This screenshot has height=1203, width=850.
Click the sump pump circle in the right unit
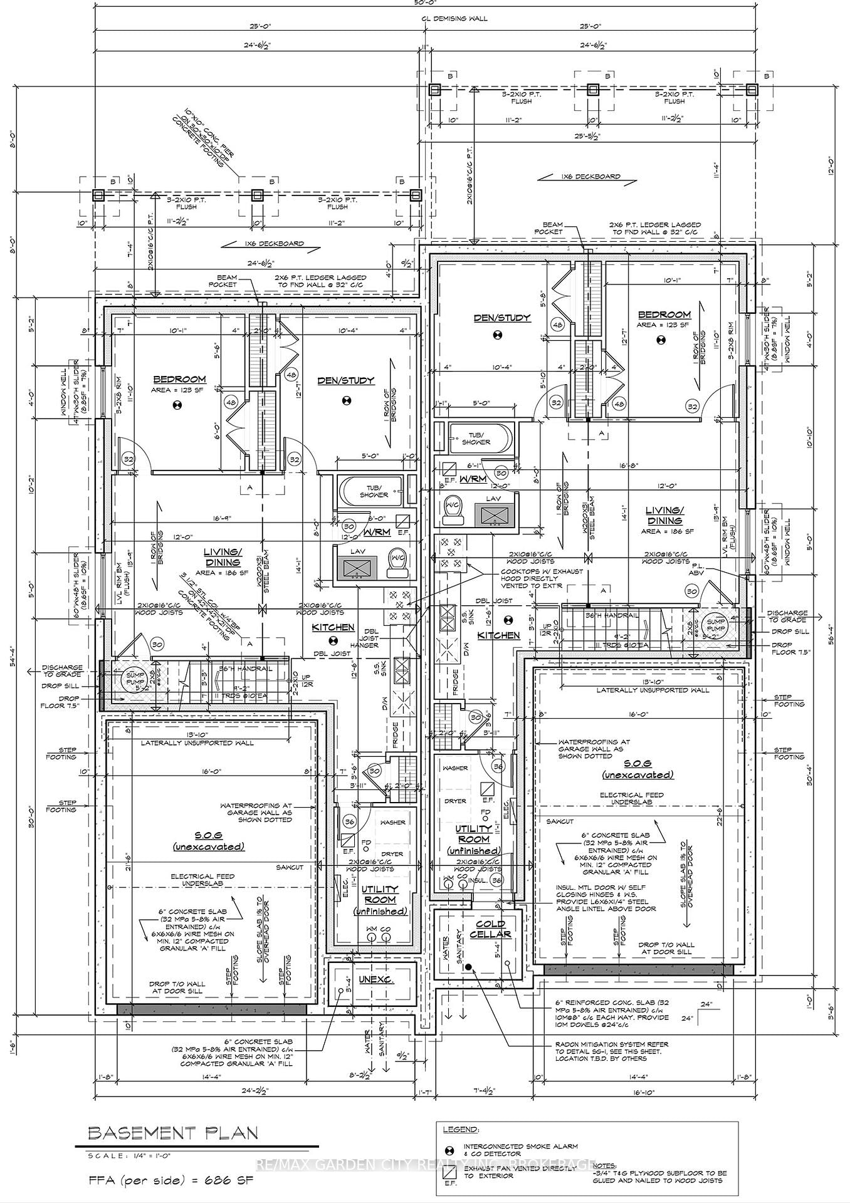coord(715,625)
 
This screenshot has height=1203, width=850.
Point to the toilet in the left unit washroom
coord(396,563)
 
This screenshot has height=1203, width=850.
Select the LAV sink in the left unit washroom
coord(359,568)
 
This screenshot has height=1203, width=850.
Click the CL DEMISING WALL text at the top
coord(454,18)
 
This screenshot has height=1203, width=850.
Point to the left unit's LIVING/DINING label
coord(223,556)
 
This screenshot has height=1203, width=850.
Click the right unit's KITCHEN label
coord(499,635)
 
